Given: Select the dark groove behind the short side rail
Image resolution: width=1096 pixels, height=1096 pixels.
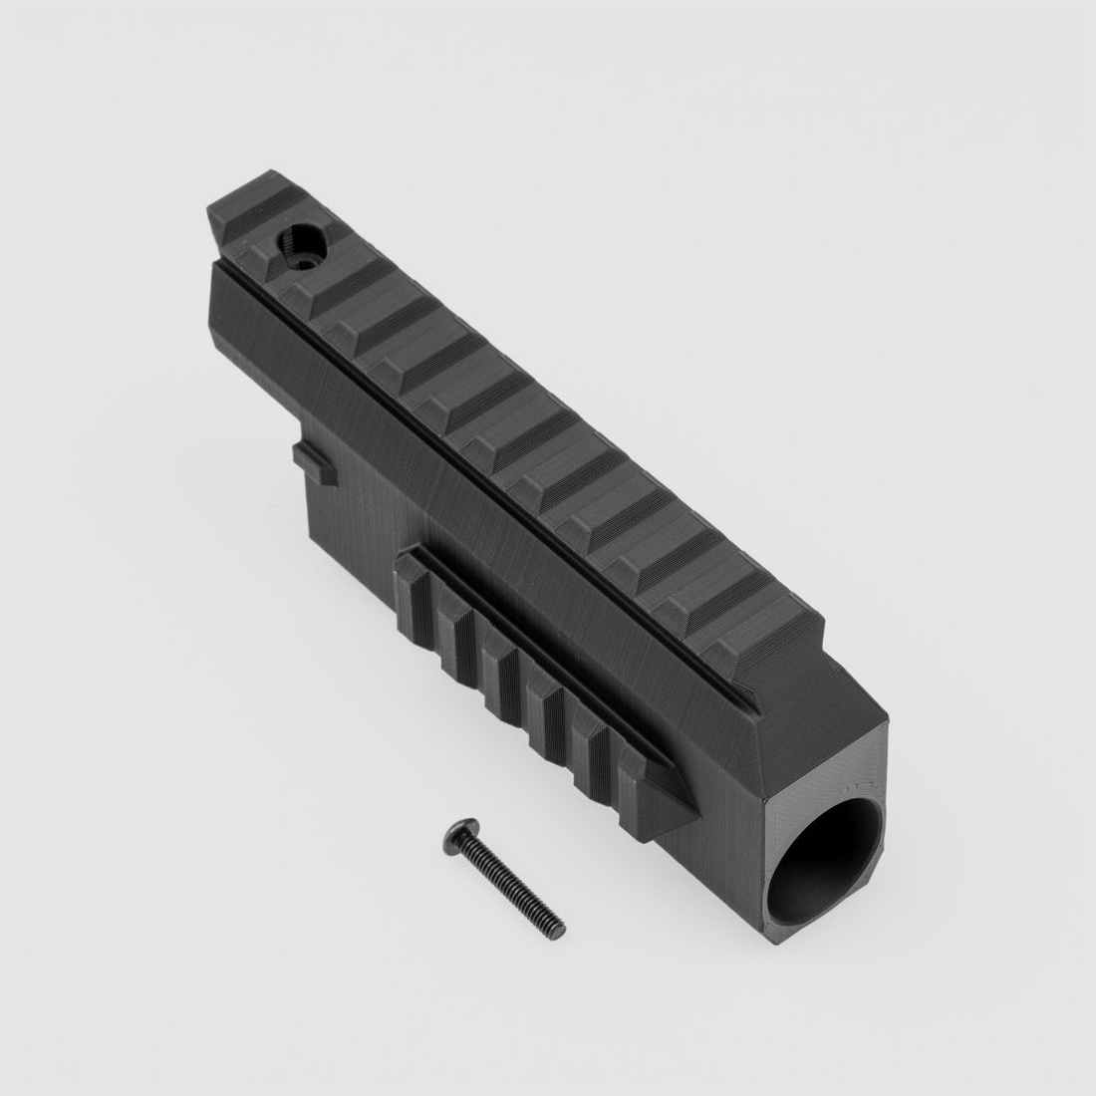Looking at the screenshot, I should click(x=558, y=638).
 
